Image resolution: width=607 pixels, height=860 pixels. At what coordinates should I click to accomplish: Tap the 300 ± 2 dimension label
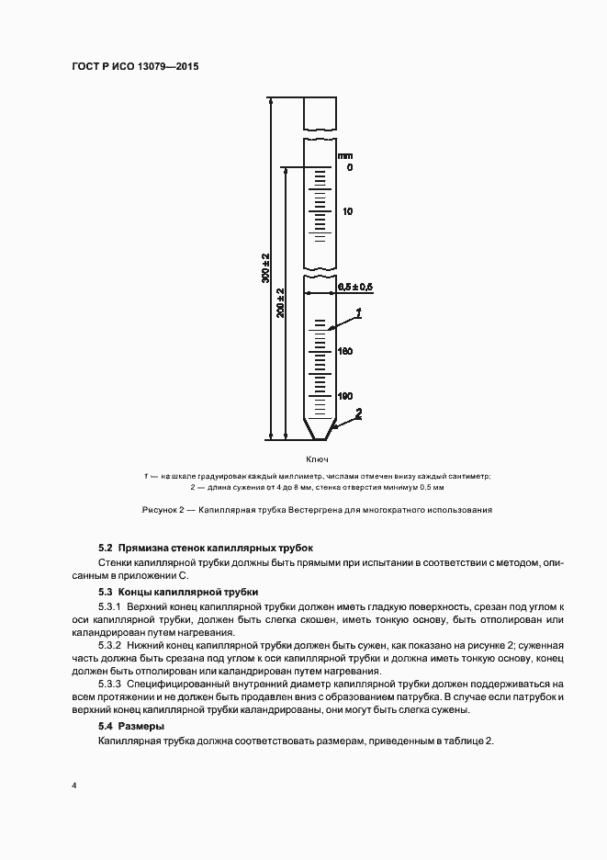click(x=264, y=266)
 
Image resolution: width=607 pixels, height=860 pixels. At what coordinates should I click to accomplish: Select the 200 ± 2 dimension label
click(x=280, y=302)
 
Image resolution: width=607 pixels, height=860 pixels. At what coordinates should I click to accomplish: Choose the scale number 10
click(x=347, y=211)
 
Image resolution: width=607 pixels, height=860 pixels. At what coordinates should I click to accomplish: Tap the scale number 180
click(x=345, y=352)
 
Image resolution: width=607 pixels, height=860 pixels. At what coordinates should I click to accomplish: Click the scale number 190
click(x=345, y=396)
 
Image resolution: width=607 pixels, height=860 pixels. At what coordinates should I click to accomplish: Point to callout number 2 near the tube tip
click(x=358, y=413)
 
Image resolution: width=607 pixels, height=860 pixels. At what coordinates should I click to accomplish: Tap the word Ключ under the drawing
click(x=318, y=459)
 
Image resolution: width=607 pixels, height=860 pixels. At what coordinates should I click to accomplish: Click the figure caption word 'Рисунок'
click(x=160, y=509)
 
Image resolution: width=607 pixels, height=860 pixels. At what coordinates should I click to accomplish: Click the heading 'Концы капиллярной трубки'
click(x=188, y=592)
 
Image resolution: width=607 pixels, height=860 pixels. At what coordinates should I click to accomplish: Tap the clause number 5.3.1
click(x=110, y=607)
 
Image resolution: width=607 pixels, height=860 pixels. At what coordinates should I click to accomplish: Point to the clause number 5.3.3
click(x=110, y=684)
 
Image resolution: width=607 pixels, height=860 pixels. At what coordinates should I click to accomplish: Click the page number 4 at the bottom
click(x=73, y=786)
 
